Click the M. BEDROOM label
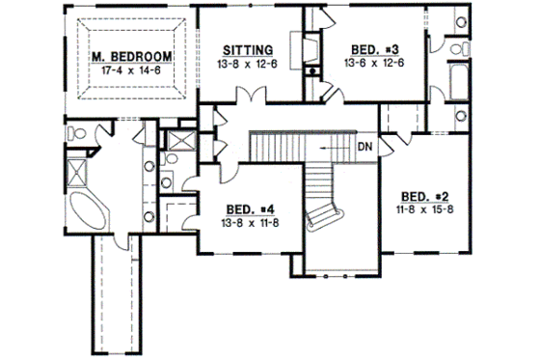[134, 57]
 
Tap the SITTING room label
[248, 49]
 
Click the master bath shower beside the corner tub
[78, 175]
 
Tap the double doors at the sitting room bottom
[254, 96]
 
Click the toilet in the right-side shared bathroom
[461, 45]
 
